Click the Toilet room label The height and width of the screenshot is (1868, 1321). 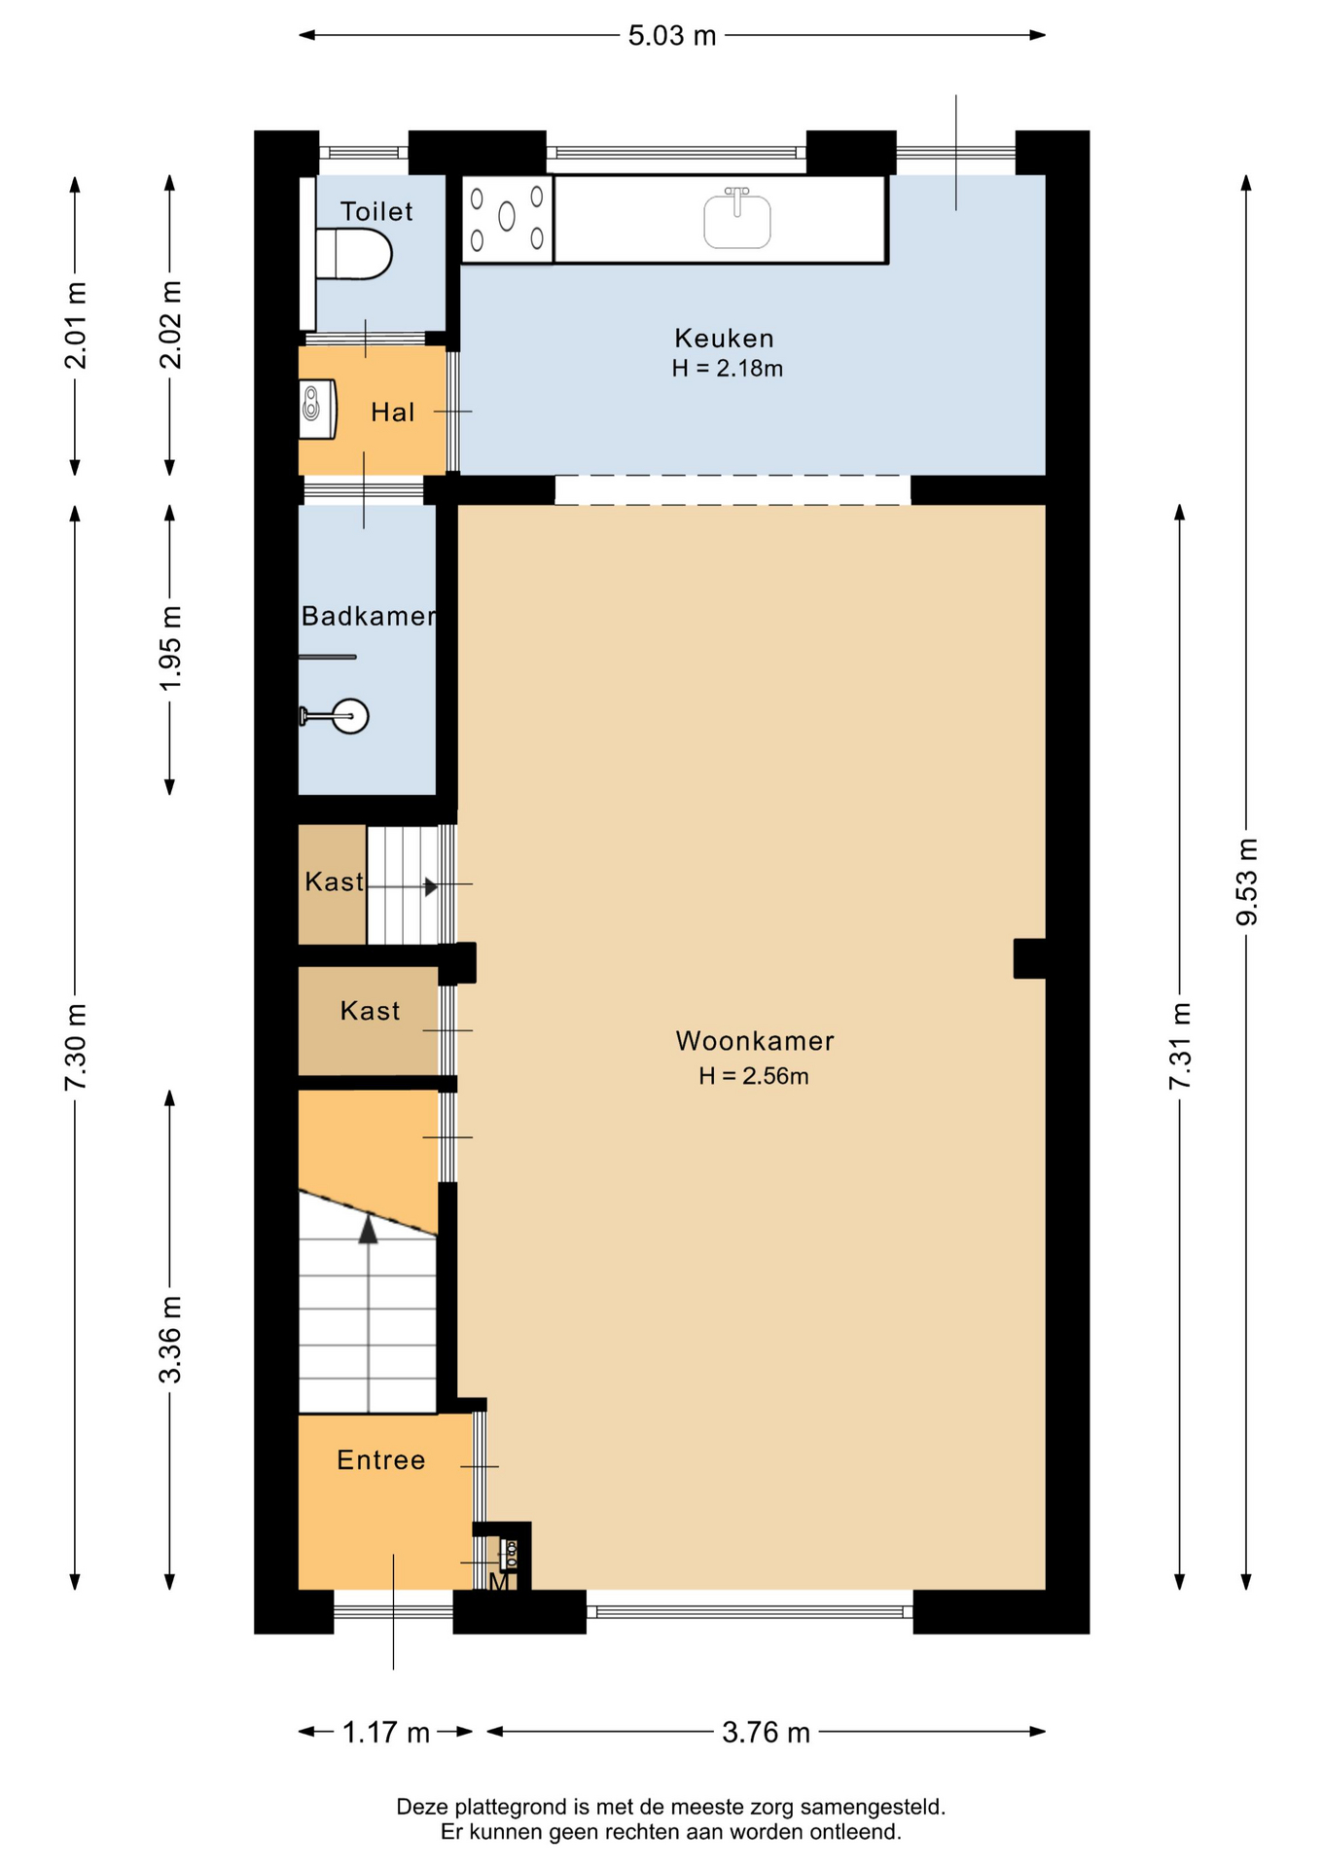tap(376, 211)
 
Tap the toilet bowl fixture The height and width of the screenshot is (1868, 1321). tap(354, 254)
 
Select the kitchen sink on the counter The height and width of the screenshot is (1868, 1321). tap(737, 217)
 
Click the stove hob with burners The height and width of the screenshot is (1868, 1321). tap(507, 219)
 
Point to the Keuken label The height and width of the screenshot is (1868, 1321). tap(725, 339)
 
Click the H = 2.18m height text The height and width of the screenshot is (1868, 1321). tap(728, 369)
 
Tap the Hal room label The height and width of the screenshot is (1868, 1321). tap(393, 413)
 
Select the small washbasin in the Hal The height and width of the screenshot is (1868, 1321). tap(317, 410)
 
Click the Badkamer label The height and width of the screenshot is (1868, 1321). tap(369, 616)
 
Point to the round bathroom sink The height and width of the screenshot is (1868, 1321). tap(335, 716)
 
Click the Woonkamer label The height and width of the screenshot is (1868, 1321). tap(755, 1041)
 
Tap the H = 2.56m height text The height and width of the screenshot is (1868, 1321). tap(754, 1076)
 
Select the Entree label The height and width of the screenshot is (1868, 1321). tap(381, 1459)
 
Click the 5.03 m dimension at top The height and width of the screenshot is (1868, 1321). tap(672, 36)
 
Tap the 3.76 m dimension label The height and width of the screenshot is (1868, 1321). tap(766, 1732)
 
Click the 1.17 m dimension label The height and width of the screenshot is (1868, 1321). tap(386, 1732)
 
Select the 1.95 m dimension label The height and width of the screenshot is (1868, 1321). tap(170, 648)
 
